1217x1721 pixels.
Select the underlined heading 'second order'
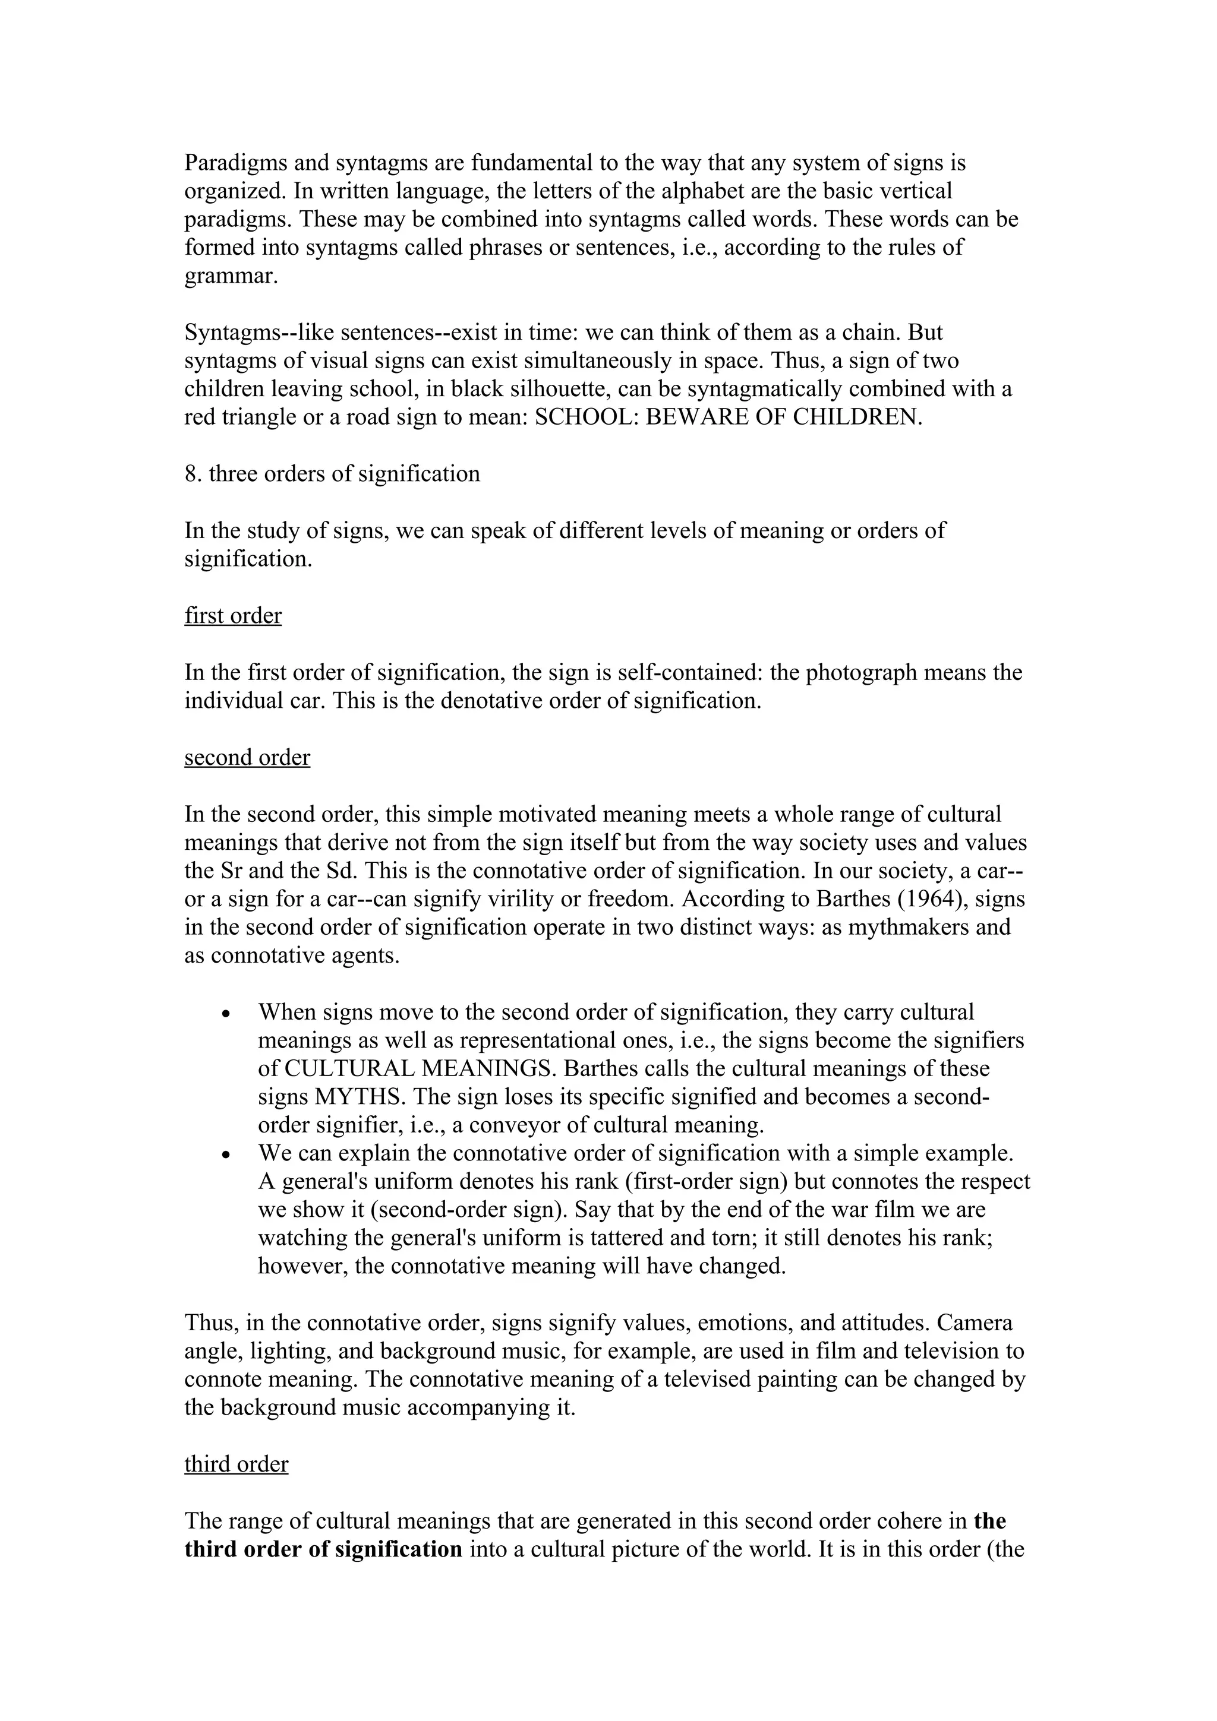pyautogui.click(x=247, y=757)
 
